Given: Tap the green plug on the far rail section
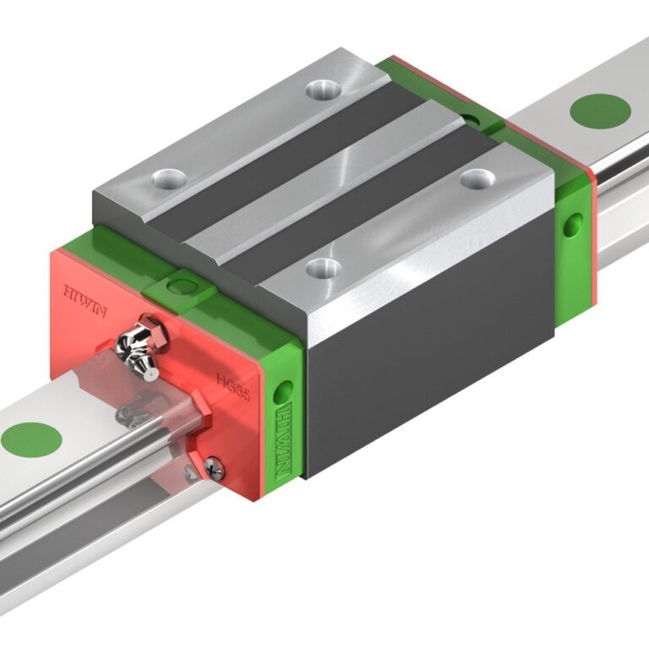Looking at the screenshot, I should coord(601,111).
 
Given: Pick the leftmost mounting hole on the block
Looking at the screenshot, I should coord(168,178).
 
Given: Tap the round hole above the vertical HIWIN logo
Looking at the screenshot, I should coord(283,390).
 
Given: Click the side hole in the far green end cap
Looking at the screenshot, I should coord(574,225).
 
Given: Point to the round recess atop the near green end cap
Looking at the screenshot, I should coord(177,286).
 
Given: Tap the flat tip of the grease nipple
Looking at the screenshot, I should coord(149,369).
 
